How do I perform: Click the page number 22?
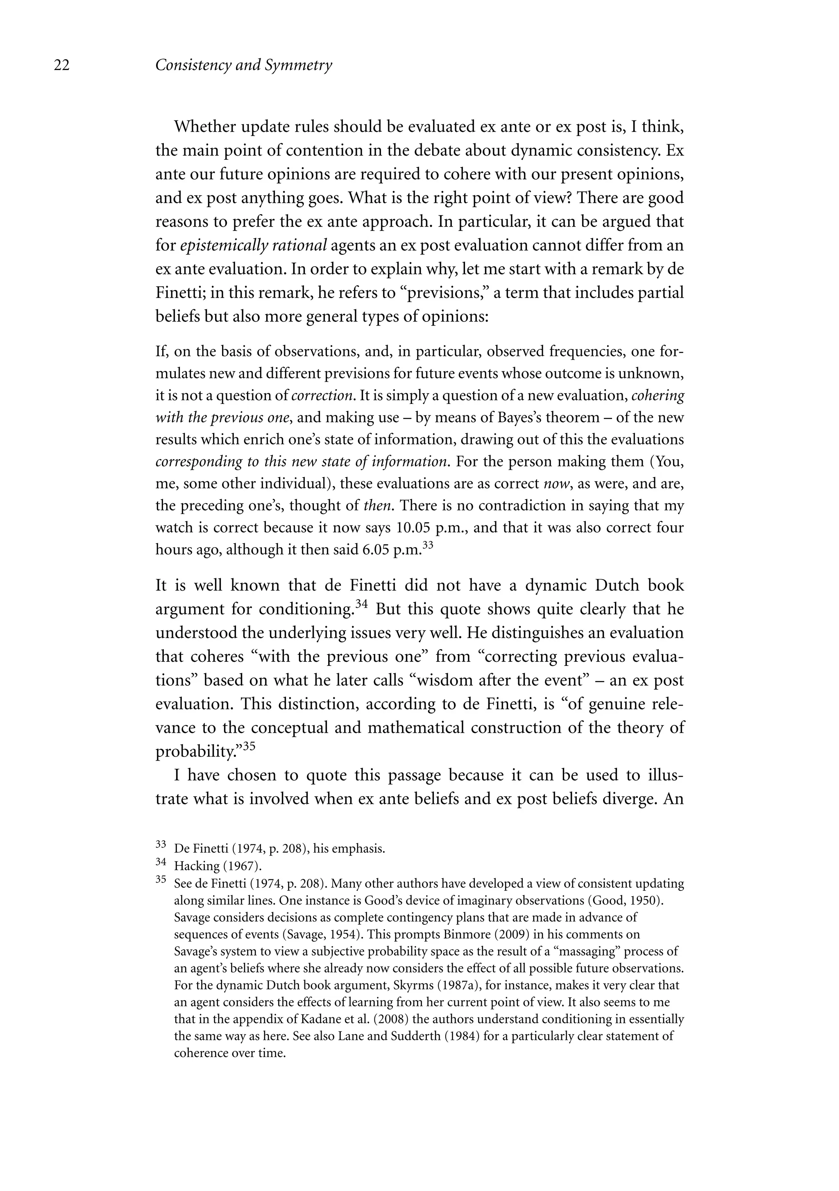tap(62, 66)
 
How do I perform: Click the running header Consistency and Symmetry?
tap(243, 66)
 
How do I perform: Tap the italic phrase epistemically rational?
tap(253, 245)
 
